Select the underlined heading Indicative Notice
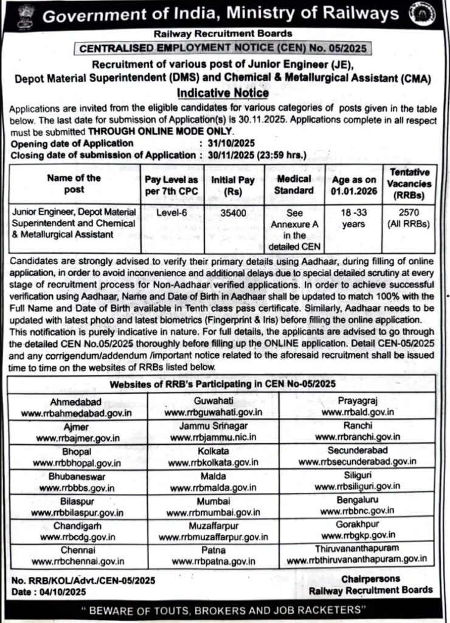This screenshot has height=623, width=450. [223, 93]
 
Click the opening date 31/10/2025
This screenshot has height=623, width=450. [226, 143]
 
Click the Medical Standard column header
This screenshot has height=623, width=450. [294, 184]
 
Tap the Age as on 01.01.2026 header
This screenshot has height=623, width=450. [355, 184]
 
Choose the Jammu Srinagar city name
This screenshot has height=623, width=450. [212, 426]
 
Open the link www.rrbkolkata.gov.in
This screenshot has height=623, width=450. [212, 463]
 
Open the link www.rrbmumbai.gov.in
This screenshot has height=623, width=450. [212, 512]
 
